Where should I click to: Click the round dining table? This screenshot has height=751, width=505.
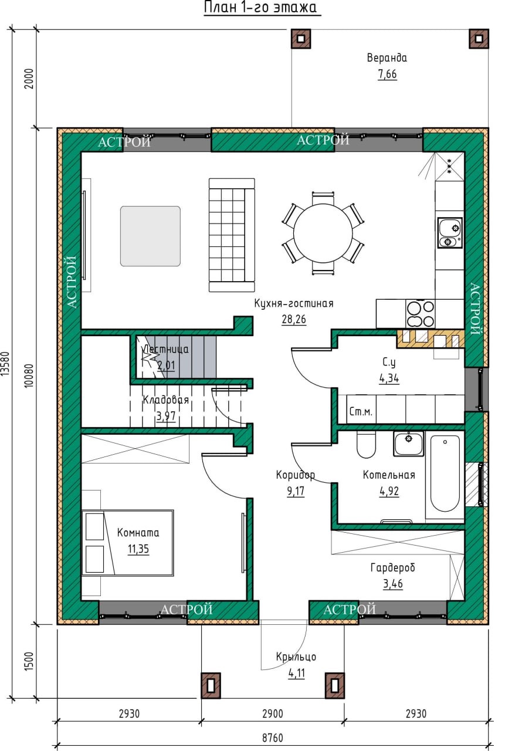point(323,234)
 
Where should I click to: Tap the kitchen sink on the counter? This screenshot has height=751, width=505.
point(450,233)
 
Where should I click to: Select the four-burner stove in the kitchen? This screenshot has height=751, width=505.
point(421,313)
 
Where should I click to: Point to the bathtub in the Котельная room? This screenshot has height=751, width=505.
point(445,475)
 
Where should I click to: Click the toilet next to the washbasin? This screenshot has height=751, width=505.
point(366,445)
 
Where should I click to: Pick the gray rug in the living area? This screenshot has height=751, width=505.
point(151,236)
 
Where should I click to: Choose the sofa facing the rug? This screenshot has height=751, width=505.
point(232,235)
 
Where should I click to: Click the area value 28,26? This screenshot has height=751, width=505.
point(294,319)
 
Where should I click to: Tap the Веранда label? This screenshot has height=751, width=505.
point(387,58)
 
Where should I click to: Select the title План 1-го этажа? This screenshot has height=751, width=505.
point(260,8)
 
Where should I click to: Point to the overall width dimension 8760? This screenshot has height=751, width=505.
point(272,738)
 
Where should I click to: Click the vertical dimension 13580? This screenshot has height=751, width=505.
point(6,364)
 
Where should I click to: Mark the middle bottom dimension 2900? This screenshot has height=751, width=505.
point(273,713)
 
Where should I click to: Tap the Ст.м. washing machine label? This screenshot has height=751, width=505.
point(361,411)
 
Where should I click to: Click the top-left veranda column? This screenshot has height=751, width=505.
point(301,39)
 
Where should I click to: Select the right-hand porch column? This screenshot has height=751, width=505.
point(334,686)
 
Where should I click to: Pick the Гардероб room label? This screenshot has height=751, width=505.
point(393,568)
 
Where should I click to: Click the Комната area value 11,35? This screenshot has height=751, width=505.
point(138,549)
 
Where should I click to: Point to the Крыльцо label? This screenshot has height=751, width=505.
point(296,657)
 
